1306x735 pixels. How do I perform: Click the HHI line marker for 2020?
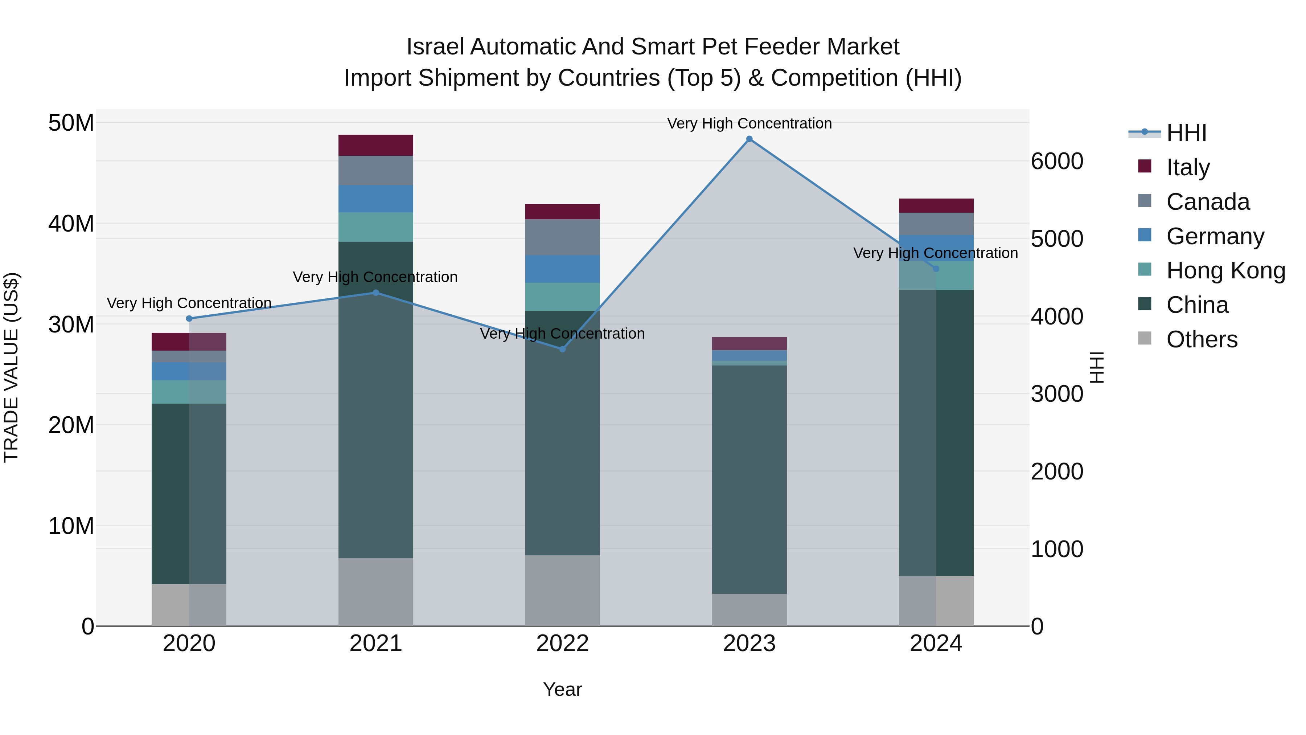189,319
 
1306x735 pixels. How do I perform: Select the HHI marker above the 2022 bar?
562,349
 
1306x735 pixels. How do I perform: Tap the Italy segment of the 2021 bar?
376,145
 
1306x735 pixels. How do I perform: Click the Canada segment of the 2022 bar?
562,237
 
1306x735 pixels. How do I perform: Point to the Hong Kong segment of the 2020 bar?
189,392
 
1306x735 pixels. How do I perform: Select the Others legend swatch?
1144,338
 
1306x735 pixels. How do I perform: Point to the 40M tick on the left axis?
71,223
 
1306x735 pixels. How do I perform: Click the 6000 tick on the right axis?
1057,161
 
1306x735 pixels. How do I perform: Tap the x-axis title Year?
562,689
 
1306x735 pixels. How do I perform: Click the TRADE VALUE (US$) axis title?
11,367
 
